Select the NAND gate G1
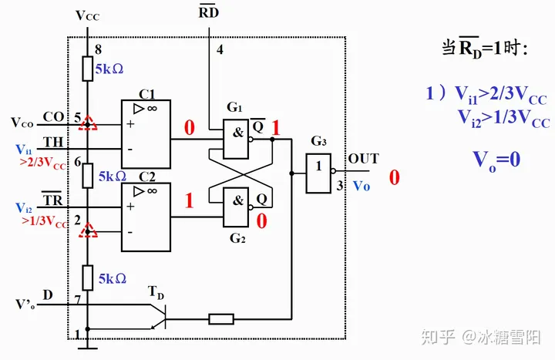pos(241,133)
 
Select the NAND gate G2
pos(241,206)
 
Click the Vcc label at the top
pos(88,15)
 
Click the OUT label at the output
pos(363,159)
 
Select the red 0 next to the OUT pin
pos(394,178)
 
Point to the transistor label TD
pos(156,292)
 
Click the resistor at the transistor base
pos(220,318)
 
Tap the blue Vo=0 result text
pos(496,160)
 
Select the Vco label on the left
pos(22,122)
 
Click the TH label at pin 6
pos(53,142)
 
